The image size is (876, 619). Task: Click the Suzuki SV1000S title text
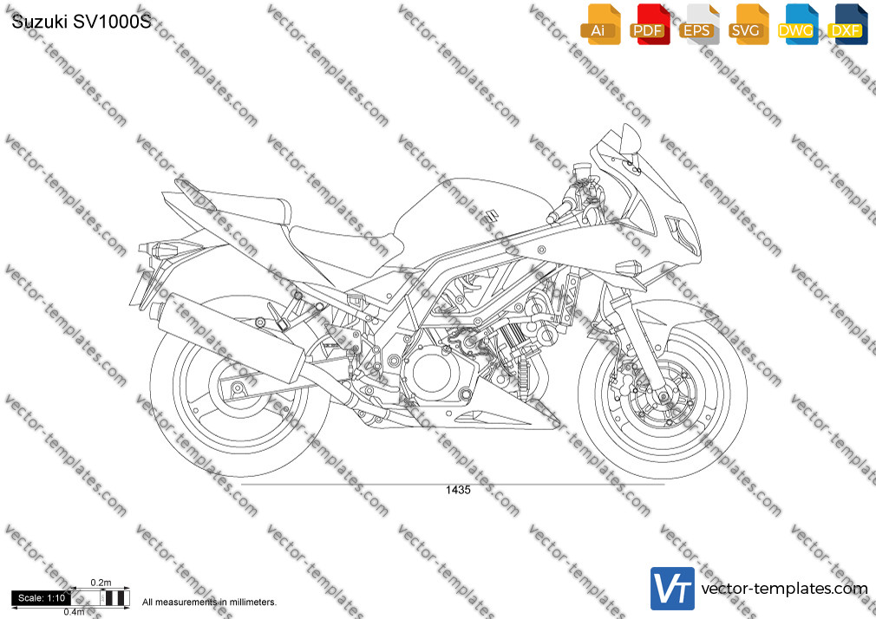pos(82,22)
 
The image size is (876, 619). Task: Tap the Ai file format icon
pos(600,24)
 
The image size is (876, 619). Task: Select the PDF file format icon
pos(650,24)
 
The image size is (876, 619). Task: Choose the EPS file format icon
pos(699,24)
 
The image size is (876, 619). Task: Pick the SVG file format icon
pos(748,24)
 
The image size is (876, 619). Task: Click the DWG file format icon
pos(798,24)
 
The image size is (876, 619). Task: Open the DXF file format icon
pos(847,24)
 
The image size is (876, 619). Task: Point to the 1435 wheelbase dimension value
pos(458,490)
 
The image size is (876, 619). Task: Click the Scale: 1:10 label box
pos(42,598)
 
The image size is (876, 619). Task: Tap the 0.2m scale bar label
pos(101,583)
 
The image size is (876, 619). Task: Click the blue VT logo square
pos(673,589)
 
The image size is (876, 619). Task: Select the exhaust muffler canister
pos(231,337)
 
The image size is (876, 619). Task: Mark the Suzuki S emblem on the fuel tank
pos(491,216)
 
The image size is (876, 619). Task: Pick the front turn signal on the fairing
pos(628,267)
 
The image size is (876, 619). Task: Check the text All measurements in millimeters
pos(209,603)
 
